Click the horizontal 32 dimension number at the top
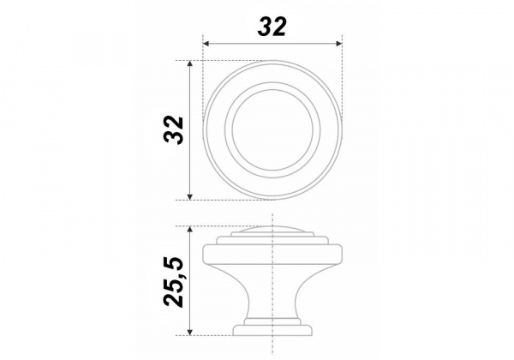click(272, 27)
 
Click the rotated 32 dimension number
click(173, 129)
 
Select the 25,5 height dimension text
click(173, 282)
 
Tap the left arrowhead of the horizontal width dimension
click(206, 44)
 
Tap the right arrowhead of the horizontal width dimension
click(339, 44)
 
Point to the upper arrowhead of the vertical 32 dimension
click(189, 63)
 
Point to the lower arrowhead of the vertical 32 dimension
click(189, 196)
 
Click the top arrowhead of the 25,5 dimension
click(189, 229)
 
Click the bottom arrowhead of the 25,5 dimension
click(189, 332)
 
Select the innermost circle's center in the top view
click(272, 129)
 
